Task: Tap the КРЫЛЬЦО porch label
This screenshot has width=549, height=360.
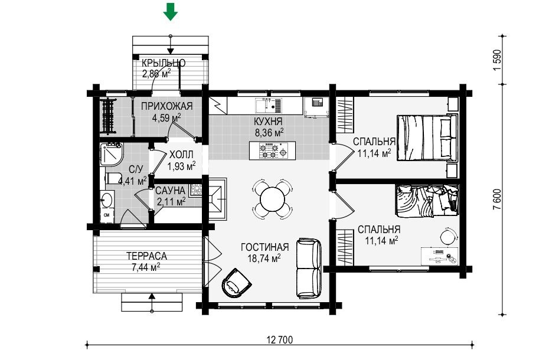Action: [x=164, y=63]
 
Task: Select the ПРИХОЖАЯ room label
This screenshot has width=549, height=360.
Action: [x=167, y=106]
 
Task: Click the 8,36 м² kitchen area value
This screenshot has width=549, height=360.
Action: [x=269, y=133]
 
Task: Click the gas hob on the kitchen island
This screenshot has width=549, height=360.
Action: [x=273, y=151]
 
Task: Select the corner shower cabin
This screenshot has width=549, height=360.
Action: [x=111, y=155]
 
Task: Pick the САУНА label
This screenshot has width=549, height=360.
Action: [x=170, y=191]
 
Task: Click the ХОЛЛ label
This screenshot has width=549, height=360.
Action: [x=181, y=155]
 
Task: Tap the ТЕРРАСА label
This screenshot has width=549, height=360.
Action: [x=147, y=256]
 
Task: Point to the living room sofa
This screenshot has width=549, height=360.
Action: [x=309, y=269]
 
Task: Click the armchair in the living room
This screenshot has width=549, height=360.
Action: [x=236, y=283]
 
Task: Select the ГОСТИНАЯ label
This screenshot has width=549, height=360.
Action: [x=264, y=247]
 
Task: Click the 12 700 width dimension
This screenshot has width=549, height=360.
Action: [x=279, y=340]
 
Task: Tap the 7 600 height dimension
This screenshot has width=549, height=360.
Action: [x=497, y=199]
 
